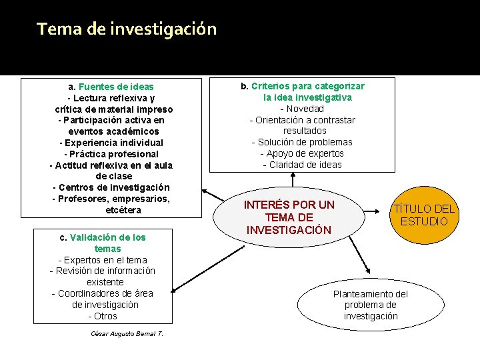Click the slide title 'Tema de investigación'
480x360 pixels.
[x=127, y=29]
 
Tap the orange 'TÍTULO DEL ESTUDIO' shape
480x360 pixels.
[x=424, y=215]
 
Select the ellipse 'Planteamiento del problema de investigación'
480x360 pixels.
[x=370, y=305]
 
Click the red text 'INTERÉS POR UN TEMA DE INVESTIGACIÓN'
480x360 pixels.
[x=289, y=217]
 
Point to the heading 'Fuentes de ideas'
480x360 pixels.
[x=116, y=87]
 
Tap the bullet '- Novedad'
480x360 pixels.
[x=302, y=109]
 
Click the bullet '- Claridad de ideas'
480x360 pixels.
[x=302, y=165]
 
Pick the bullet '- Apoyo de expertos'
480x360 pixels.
[x=302, y=153]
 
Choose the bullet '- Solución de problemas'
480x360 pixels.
[x=302, y=142]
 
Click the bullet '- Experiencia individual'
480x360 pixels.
[x=111, y=143]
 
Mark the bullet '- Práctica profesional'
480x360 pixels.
[x=111, y=154]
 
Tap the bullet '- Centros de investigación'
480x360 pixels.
[x=111, y=187]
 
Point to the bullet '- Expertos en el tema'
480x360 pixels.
[x=103, y=260]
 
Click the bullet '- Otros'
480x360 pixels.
[x=103, y=316]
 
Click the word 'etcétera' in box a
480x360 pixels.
[x=123, y=210]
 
